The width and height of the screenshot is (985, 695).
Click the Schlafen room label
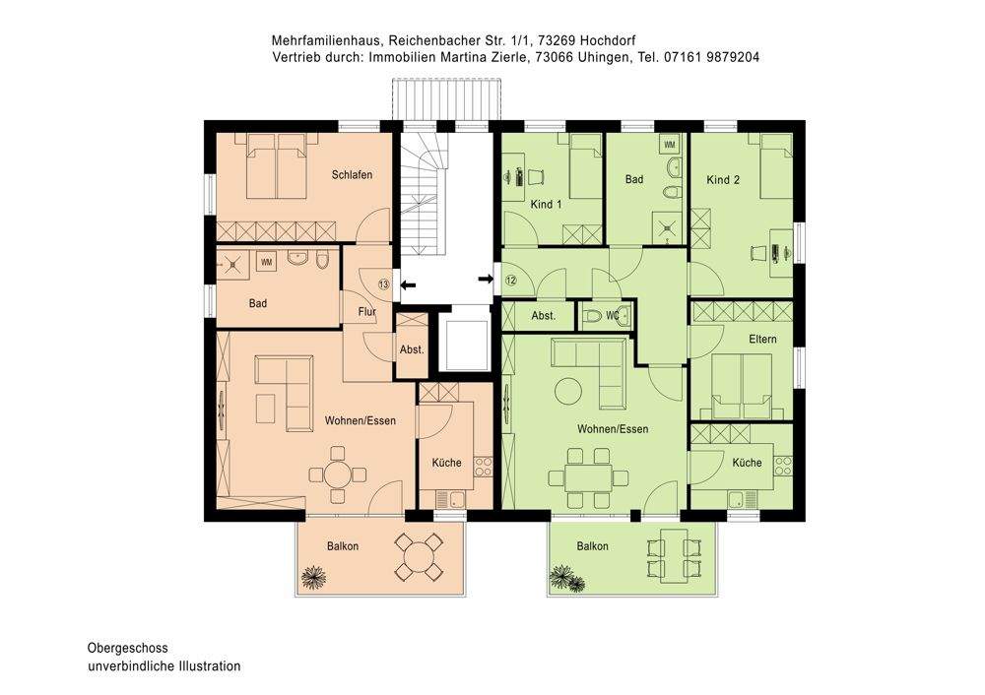(x=352, y=175)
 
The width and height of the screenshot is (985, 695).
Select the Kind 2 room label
(x=723, y=179)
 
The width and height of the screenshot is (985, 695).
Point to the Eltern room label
(x=762, y=339)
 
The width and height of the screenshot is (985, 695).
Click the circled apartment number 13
(x=383, y=284)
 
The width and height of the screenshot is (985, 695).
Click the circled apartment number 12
(x=510, y=280)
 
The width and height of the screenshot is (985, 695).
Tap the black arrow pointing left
(x=408, y=284)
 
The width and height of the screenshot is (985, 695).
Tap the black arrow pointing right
(x=486, y=280)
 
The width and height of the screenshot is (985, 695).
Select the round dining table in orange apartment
(x=338, y=474)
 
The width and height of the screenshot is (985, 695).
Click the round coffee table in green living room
(x=568, y=391)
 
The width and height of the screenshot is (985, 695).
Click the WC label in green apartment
(x=613, y=316)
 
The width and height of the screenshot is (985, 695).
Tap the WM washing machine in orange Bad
(x=266, y=261)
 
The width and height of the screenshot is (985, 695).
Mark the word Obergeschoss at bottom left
(x=127, y=648)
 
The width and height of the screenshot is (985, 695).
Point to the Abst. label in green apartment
(x=543, y=316)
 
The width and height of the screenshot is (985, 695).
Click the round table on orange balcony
(x=420, y=558)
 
